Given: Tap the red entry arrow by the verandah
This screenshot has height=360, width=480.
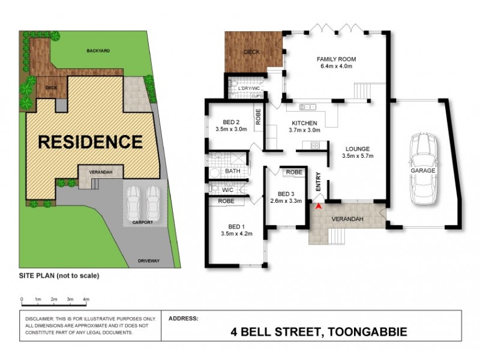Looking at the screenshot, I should [319, 206].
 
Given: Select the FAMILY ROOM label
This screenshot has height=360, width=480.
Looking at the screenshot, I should [336, 59].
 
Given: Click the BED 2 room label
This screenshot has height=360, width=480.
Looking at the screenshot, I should [230, 121].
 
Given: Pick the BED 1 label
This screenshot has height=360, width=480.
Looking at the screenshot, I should [231, 226].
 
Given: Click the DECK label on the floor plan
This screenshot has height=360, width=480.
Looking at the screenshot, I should [251, 52].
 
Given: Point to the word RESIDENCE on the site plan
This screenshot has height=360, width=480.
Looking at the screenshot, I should [90, 142].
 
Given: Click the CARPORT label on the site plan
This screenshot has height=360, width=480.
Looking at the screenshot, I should [143, 223].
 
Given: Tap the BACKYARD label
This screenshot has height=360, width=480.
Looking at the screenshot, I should [97, 52].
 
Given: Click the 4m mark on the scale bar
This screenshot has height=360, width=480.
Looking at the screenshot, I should [86, 299].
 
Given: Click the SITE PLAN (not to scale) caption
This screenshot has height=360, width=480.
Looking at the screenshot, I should [59, 276].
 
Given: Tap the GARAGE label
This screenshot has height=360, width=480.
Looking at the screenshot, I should [423, 170].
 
